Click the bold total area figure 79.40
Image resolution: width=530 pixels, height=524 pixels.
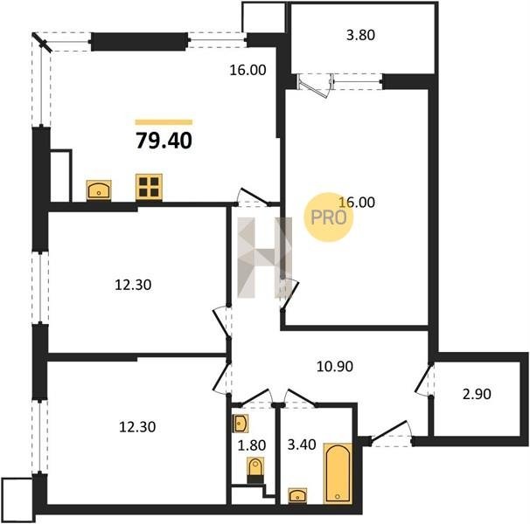tap(164, 141)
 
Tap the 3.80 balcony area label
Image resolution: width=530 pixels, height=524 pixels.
tap(360, 35)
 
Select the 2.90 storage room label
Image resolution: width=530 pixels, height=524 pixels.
tap(477, 394)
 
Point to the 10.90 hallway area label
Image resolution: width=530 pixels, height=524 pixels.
tap(335, 366)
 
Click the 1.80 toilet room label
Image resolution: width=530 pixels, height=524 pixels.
tap(252, 445)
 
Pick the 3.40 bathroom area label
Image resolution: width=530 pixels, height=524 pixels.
tap(302, 445)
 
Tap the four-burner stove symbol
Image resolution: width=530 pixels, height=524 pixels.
tap(149, 187)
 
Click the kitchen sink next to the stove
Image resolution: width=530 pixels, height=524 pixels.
tap(99, 190)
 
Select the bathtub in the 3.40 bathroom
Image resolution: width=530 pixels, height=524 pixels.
tap(338, 473)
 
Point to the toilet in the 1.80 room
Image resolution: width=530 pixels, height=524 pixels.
tap(255, 470)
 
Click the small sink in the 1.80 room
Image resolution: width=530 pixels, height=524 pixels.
tap(241, 424)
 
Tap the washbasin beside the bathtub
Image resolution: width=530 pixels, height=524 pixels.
tap(297, 496)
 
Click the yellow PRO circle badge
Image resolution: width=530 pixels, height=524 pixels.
tap(329, 217)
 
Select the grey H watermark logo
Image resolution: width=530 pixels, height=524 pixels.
tap(265, 258)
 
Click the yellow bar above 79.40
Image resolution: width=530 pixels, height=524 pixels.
tap(164, 122)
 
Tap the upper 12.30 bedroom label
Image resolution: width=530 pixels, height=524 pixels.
tap(133, 286)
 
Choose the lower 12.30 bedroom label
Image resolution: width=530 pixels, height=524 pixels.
tap(137, 427)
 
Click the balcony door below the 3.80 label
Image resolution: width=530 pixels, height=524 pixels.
tap(314, 85)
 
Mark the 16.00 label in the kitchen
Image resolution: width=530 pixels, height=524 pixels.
tap(248, 70)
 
